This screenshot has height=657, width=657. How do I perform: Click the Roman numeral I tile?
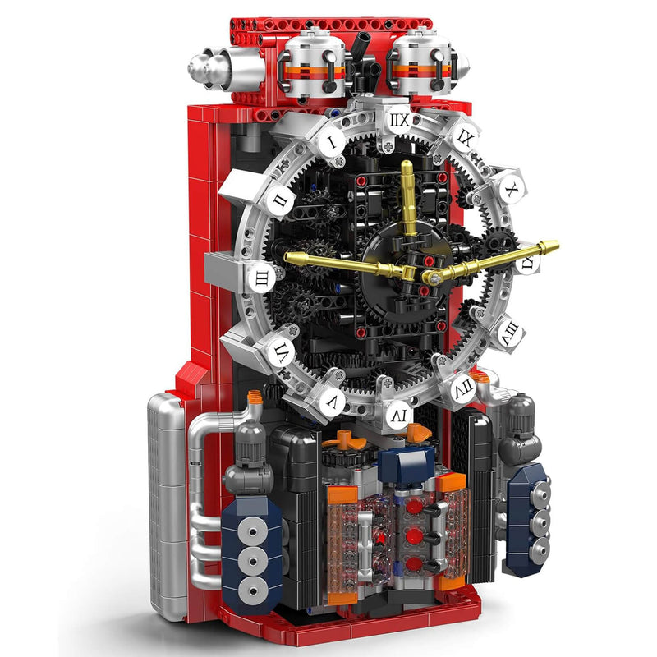click(330, 141)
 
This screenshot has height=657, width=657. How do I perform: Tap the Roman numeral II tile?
click(280, 200)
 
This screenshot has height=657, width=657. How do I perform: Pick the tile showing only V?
click(331, 401)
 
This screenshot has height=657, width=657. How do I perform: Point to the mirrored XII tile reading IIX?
click(398, 122)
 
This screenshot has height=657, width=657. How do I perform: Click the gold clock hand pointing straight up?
click(407, 197)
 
